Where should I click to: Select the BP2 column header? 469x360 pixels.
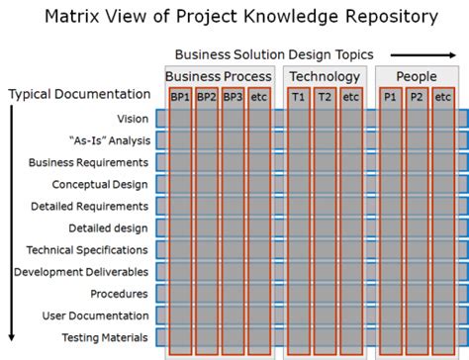click(x=207, y=96)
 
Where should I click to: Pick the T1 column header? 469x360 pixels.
click(x=299, y=96)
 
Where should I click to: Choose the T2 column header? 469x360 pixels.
click(x=325, y=96)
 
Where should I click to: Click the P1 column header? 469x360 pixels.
click(x=391, y=96)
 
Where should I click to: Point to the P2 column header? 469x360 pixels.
click(x=417, y=96)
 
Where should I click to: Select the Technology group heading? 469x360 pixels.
click(x=325, y=76)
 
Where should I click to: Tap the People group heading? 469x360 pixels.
click(x=417, y=76)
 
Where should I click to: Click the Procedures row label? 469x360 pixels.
click(x=120, y=294)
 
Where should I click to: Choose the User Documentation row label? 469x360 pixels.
click(x=95, y=315)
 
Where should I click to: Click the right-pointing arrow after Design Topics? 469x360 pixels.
click(x=409, y=54)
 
